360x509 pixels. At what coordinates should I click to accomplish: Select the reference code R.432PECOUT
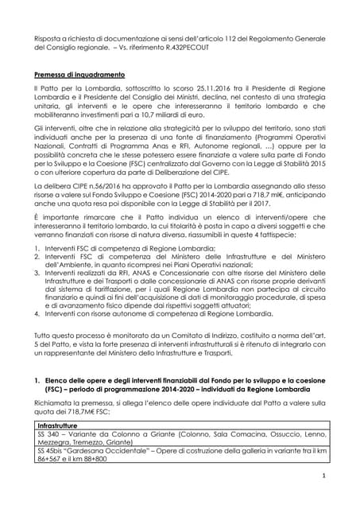click(198, 48)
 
